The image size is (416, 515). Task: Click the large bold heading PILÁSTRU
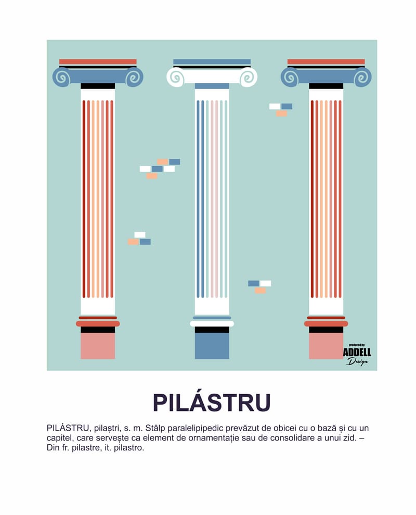click(x=212, y=403)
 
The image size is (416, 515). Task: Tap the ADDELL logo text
click(x=357, y=353)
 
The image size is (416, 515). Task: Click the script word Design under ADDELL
click(x=357, y=362)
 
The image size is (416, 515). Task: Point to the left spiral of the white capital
click(x=176, y=77)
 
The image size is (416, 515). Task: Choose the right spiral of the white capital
click(x=248, y=77)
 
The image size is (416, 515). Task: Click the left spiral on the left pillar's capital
click(x=62, y=77)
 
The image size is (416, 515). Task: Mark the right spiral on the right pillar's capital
click(x=362, y=77)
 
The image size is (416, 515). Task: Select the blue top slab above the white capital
click(x=212, y=61)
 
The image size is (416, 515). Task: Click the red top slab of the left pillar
click(x=98, y=61)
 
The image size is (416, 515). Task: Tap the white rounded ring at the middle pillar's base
click(x=212, y=323)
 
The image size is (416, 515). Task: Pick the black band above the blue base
click(x=212, y=330)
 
